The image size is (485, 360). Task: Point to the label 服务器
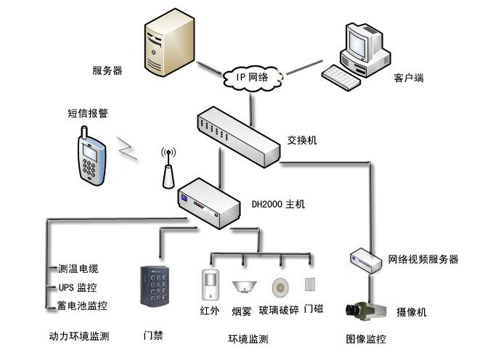point(107,70)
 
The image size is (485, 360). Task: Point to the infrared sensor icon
point(209,282)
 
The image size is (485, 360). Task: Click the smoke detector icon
point(242,286)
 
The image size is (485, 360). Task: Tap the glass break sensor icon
point(280,286)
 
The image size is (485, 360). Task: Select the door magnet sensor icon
point(311,285)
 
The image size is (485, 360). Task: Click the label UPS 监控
point(77,287)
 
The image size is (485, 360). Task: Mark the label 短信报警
point(88,113)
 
